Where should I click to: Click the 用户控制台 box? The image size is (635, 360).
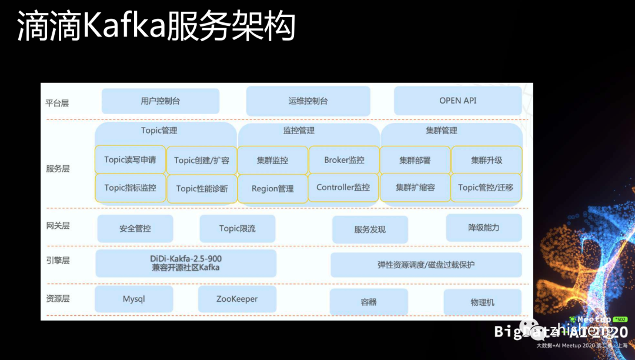161,101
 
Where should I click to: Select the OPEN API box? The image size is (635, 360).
457,101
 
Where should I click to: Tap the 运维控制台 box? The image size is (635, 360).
308,101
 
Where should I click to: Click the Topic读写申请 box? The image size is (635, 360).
130,160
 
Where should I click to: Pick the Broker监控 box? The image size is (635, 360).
344,160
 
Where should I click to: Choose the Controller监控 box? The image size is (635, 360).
343,188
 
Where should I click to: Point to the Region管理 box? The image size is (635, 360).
272,189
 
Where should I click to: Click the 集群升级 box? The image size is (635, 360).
486,160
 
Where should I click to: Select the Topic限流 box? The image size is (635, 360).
238,228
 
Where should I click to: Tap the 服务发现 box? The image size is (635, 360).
370,229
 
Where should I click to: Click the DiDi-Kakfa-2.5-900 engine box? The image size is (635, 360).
186,263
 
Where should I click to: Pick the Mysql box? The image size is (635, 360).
134,299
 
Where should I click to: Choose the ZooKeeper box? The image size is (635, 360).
237,299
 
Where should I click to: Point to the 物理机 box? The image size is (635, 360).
482,302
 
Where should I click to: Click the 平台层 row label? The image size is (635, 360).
57,103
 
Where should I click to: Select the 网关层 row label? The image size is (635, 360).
57,225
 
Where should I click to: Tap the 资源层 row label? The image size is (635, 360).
57,298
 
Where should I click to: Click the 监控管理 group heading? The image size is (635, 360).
299,131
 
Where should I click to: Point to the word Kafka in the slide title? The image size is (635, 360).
123,26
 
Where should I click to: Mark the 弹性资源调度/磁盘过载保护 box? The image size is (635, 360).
426,265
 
